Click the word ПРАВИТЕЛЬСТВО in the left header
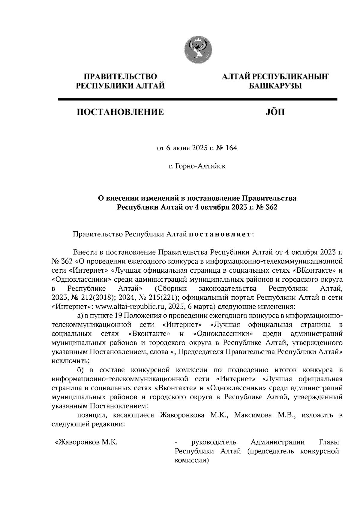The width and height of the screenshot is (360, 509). click(x=120, y=77)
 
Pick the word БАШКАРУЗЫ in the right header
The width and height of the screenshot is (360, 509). click(x=275, y=86)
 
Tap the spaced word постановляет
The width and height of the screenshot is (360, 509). click(x=220, y=234)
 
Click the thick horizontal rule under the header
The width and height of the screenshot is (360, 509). click(x=198, y=99)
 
